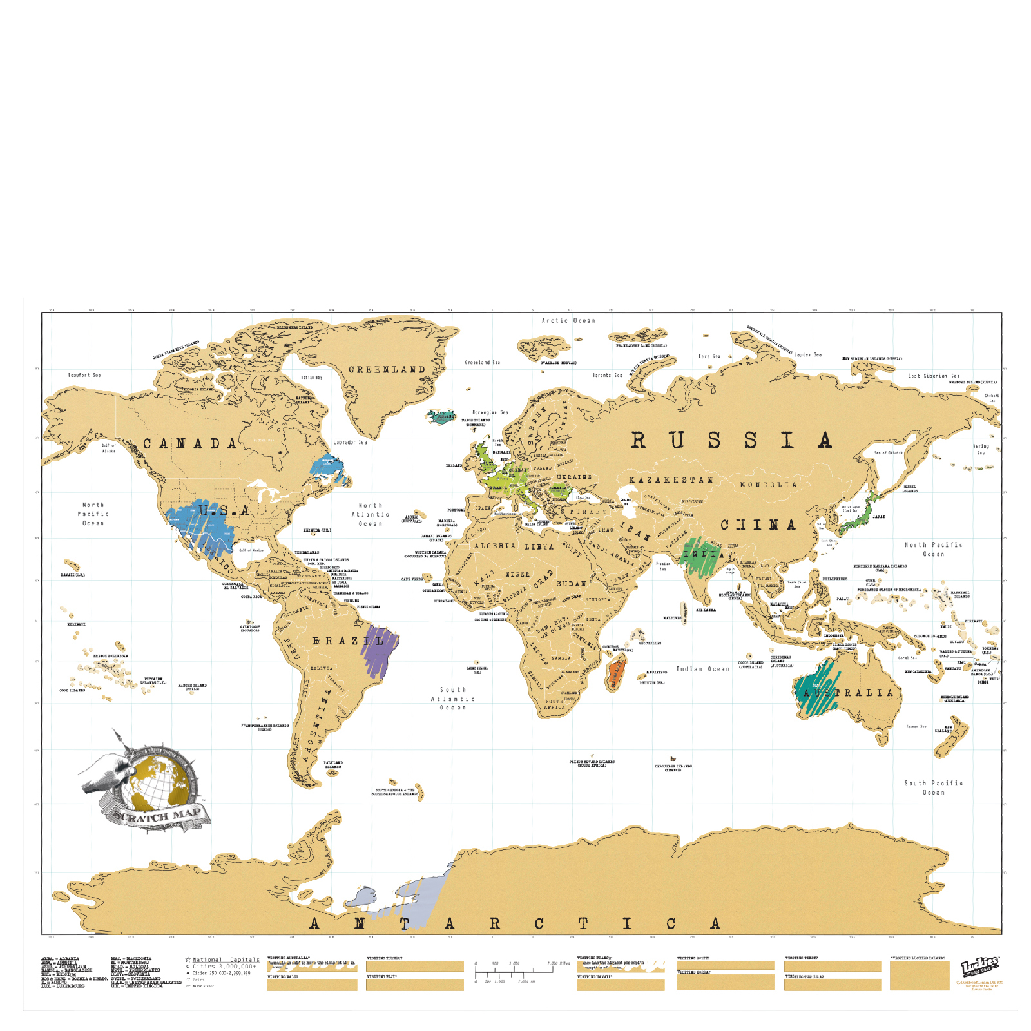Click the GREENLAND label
coord(387,370)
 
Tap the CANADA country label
coord(190,444)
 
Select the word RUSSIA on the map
coord(731,441)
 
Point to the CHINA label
coord(758,525)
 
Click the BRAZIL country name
coord(348,641)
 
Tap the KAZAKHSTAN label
coord(671,480)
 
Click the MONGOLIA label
coord(767,485)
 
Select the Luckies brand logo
coord(979,966)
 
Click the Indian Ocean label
coord(702,669)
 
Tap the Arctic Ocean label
coord(568,320)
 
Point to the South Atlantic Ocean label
coord(452,699)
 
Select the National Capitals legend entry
coord(226,959)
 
